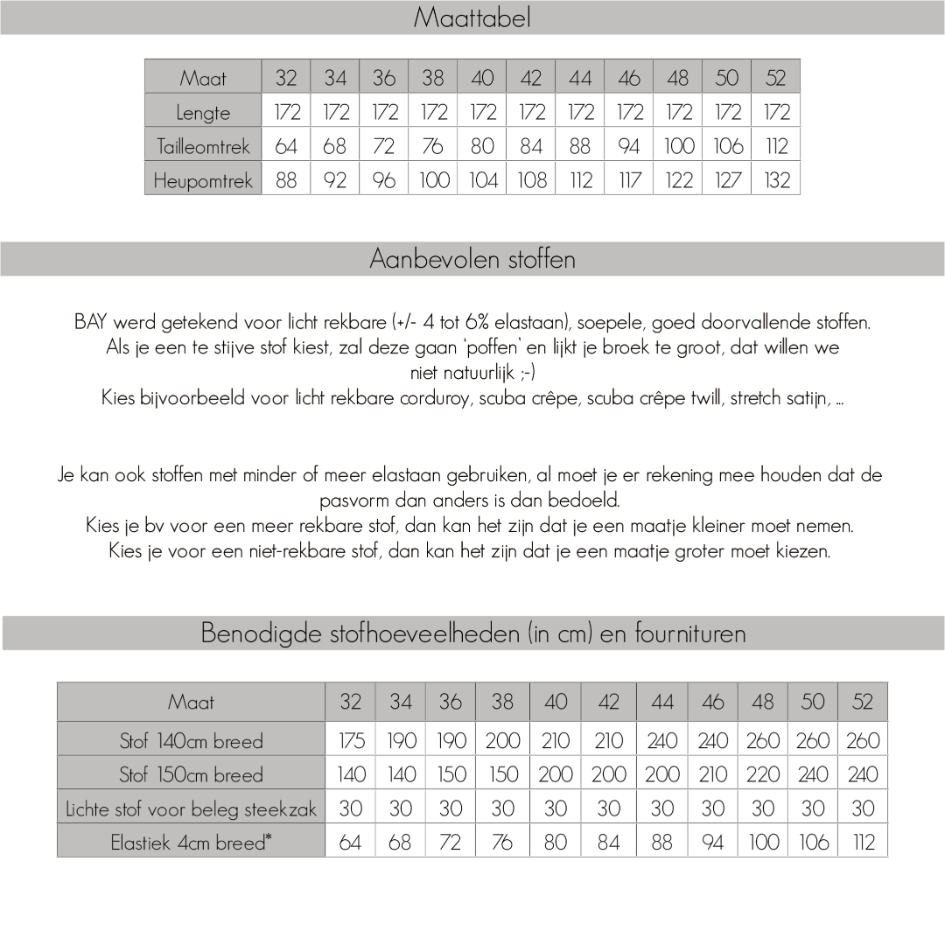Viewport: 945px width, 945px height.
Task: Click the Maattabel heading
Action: point(472,17)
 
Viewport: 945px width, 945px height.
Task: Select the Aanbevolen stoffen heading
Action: point(472,259)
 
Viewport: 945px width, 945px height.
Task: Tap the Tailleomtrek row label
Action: point(203,147)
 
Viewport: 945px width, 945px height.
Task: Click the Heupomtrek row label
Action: point(203,181)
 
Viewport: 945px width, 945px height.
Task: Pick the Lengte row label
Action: point(203,113)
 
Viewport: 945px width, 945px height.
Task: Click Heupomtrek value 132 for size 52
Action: point(776,181)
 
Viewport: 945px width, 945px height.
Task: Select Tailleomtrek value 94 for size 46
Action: point(629,147)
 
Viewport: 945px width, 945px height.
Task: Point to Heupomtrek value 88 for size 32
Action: point(286,181)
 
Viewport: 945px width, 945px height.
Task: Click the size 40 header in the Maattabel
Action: point(482,78)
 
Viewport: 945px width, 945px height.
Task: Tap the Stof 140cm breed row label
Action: point(191,741)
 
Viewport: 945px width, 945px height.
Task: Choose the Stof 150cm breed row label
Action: point(191,775)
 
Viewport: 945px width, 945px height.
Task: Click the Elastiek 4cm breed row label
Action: point(191,843)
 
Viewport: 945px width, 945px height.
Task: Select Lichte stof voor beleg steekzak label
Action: point(191,809)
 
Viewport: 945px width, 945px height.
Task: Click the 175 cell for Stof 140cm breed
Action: point(351,741)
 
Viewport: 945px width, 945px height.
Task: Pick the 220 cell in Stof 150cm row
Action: point(763,775)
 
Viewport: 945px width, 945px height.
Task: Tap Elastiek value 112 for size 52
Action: point(863,843)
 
